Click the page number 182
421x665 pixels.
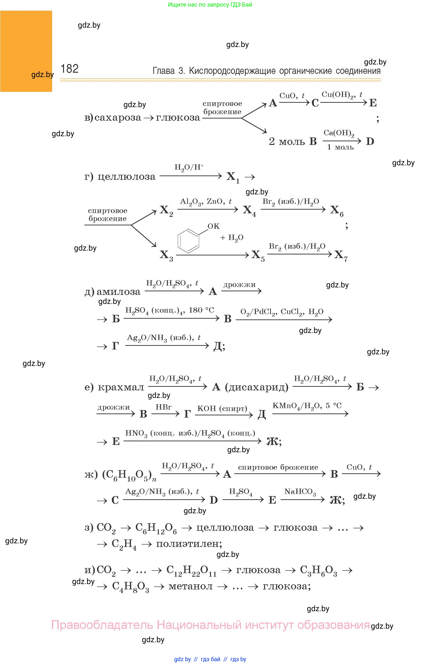69,69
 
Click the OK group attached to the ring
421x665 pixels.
213,226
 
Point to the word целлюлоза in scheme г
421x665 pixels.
127,176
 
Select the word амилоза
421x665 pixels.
118,292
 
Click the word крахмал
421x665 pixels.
121,387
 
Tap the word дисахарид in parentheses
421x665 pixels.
257,387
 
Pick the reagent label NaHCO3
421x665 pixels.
300,491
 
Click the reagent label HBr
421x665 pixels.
163,407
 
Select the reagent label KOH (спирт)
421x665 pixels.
222,408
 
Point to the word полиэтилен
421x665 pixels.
189,544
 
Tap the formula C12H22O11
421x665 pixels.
191,570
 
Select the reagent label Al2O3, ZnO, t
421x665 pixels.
206,202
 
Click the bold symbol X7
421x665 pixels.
341,255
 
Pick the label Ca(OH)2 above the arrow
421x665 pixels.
339,133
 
